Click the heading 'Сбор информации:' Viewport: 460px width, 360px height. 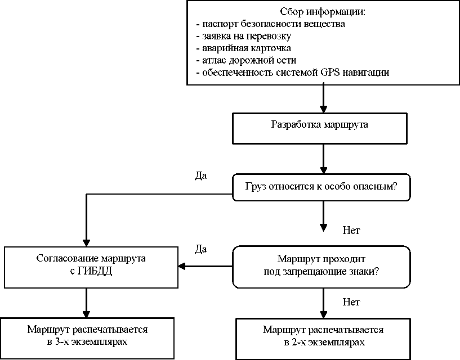point(323,12)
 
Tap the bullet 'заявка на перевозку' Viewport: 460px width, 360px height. point(243,37)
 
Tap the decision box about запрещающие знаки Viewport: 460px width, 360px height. point(321,265)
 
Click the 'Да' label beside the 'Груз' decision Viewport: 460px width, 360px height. point(200,175)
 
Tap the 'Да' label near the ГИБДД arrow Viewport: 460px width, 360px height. point(200,248)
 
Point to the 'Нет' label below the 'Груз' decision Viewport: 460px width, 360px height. point(351,230)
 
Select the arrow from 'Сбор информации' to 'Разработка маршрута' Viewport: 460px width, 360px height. point(323,99)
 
